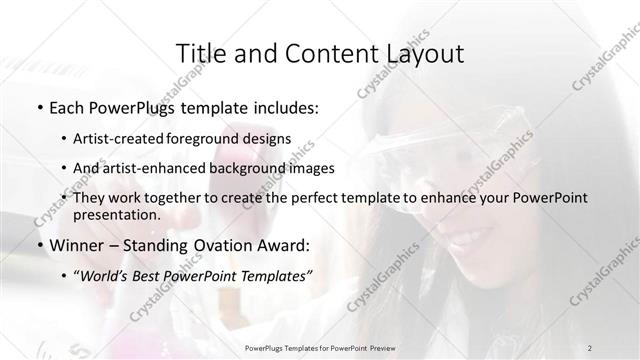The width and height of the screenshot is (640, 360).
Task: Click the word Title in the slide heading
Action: (x=199, y=51)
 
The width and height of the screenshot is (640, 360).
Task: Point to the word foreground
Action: (x=222, y=138)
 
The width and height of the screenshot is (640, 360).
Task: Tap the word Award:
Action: (x=286, y=245)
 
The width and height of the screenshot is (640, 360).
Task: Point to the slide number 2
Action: (x=618, y=349)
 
